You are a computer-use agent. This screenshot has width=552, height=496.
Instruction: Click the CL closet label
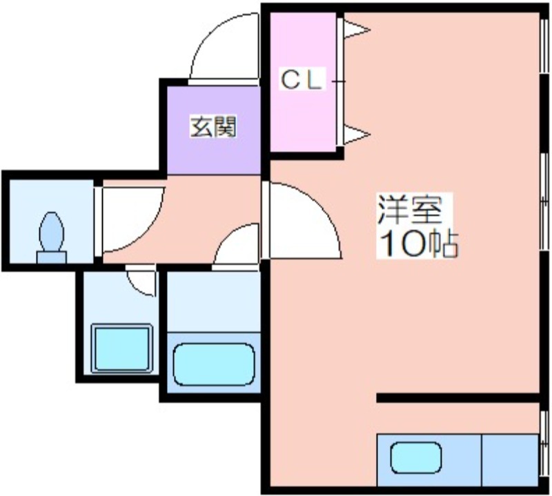[x=301, y=81]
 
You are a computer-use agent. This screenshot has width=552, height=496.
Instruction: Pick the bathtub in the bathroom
[x=213, y=364]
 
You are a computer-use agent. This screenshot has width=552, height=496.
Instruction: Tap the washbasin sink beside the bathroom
[x=121, y=348]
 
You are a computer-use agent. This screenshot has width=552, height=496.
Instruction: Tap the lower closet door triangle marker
[x=357, y=135]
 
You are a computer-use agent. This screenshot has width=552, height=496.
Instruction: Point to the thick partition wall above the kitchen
[x=457, y=398]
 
